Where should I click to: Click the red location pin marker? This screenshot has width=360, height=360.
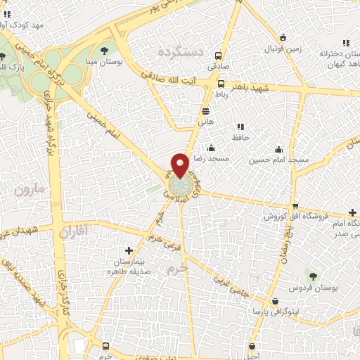180,165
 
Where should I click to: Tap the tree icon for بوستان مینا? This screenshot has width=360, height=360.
104,49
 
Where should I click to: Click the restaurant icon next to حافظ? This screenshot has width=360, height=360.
240,127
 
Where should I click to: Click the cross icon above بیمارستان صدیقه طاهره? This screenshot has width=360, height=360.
128,250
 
